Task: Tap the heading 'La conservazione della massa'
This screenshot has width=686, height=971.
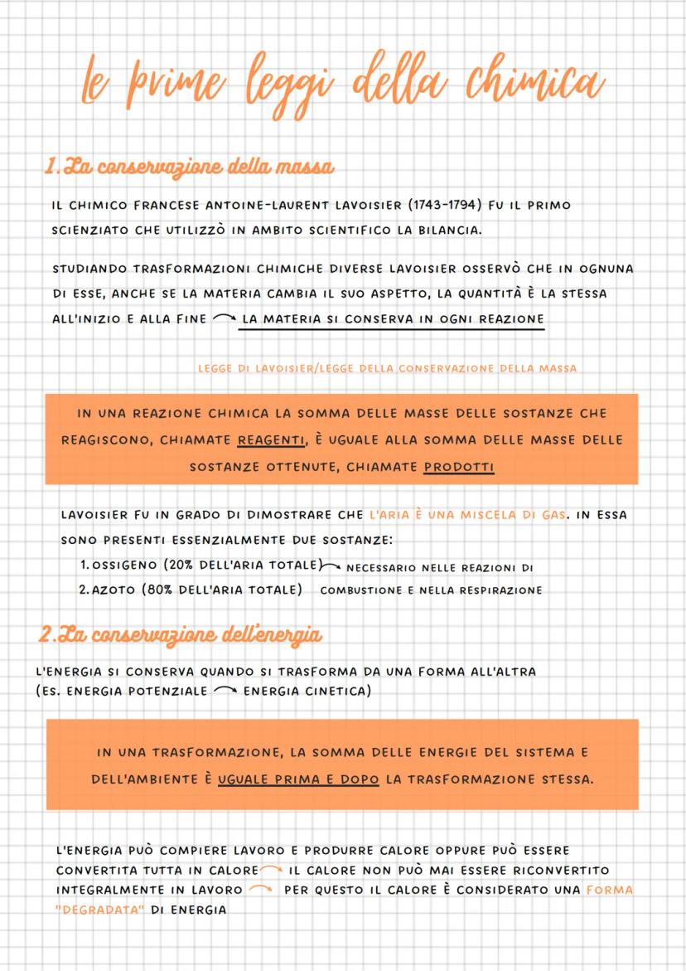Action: (x=190, y=167)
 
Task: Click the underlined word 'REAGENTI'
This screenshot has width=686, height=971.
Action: (x=272, y=439)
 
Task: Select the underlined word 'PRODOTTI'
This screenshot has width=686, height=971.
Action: (x=458, y=467)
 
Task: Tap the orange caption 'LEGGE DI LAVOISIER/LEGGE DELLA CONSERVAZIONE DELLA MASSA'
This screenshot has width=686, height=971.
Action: (x=388, y=367)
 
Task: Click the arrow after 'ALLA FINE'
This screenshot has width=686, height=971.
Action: (x=223, y=319)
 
